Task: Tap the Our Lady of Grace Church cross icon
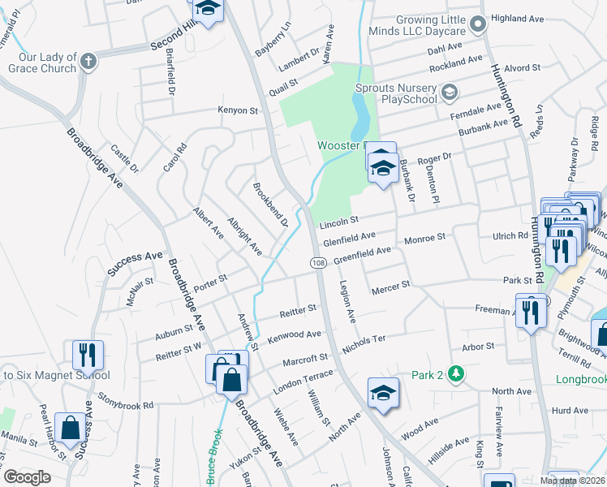(88, 60)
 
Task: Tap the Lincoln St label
(338, 222)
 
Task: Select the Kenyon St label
(237, 110)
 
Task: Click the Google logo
(27, 477)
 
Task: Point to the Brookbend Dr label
(271, 210)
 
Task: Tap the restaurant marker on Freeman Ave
(530, 311)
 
